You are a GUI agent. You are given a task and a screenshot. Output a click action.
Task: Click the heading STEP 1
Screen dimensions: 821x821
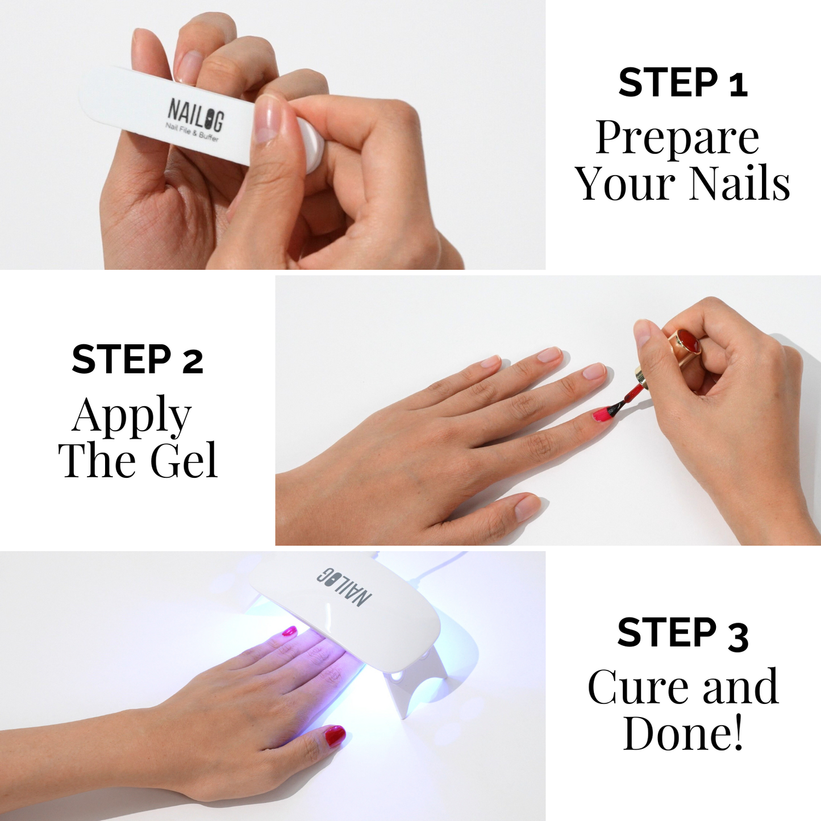682,83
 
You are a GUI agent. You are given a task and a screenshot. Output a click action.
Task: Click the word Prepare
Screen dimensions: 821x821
677,139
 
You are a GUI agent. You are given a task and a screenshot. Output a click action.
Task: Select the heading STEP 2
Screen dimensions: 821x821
137,360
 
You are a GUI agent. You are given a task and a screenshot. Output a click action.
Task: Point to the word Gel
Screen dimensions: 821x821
184,461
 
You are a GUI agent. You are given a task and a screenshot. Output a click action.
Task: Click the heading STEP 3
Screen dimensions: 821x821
682,634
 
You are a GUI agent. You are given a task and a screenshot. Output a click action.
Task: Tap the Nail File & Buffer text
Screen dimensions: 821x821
192,133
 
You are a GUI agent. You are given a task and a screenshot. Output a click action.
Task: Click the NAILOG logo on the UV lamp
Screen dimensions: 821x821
344,587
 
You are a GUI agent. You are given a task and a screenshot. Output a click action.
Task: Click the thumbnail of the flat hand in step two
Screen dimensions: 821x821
527,507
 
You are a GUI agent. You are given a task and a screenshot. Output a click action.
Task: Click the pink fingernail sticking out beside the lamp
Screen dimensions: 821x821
290,631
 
